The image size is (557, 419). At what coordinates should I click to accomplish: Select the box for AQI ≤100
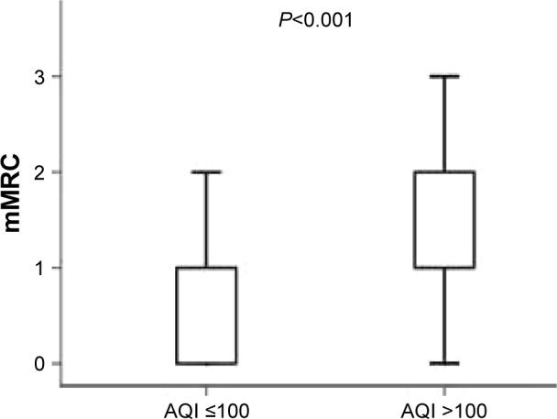click(x=207, y=315)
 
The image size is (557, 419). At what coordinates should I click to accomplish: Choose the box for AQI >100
click(x=445, y=220)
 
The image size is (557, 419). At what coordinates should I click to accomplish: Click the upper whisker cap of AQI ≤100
click(x=207, y=171)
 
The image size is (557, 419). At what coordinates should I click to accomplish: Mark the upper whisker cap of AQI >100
click(x=445, y=76)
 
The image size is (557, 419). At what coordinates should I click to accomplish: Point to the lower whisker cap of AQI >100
click(x=445, y=363)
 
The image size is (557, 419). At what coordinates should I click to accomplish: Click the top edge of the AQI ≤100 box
click(x=207, y=268)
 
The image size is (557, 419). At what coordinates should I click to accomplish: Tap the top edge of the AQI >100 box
click(x=445, y=171)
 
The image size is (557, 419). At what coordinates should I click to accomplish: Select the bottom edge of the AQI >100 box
click(x=445, y=268)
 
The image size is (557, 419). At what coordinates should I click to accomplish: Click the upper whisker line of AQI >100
click(x=445, y=124)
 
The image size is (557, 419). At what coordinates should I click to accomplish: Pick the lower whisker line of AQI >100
click(x=445, y=315)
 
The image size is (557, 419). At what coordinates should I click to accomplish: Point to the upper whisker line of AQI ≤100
click(x=207, y=220)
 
